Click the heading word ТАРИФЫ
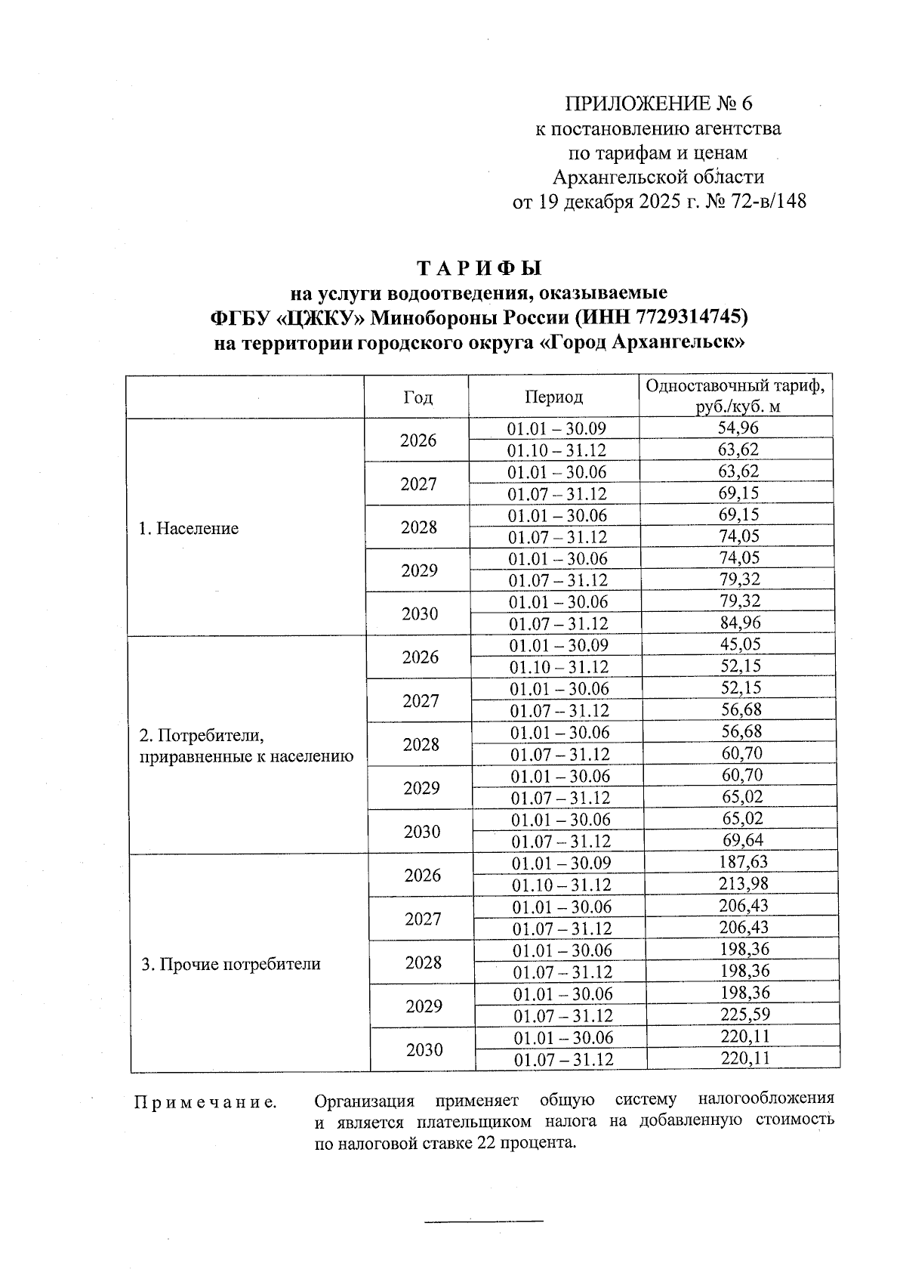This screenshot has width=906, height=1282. pyautogui.click(x=479, y=268)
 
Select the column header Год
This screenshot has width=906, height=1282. pyautogui.click(x=418, y=397)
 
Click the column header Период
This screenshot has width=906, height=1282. pyautogui.click(x=554, y=397)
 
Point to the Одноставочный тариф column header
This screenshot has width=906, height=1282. pyautogui.click(x=735, y=396)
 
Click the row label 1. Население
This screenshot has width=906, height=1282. pyautogui.click(x=188, y=529)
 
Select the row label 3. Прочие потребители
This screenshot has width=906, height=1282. pyautogui.click(x=231, y=964)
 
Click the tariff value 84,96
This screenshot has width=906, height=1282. pyautogui.click(x=739, y=623)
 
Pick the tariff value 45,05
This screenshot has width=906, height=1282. pyautogui.click(x=740, y=644)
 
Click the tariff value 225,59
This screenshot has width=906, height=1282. pyautogui.click(x=744, y=1015)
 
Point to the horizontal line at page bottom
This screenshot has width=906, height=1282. pyautogui.click(x=484, y=1220)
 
